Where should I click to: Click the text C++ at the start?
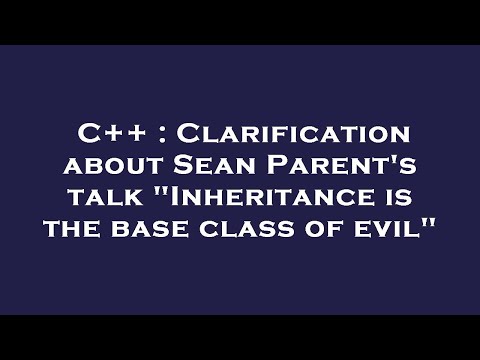pos(106,134)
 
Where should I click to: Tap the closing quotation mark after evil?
pos(433,220)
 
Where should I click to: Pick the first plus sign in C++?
pos(107,135)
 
